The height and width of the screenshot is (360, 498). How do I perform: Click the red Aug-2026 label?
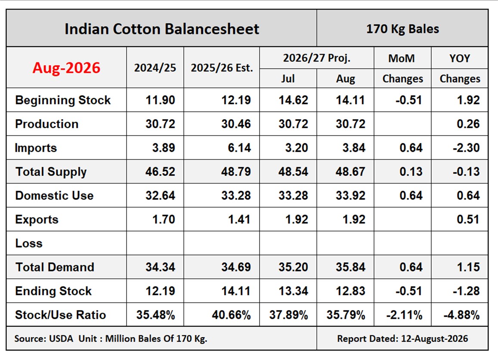66,68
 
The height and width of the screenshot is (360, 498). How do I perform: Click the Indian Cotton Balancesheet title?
162,29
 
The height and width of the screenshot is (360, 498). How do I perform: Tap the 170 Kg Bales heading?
402,29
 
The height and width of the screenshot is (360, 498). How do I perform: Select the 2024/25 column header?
155,68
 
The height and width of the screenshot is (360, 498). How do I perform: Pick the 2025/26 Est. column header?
222,68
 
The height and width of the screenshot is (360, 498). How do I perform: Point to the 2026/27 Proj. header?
317,58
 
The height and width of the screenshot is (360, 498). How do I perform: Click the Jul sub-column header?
288,78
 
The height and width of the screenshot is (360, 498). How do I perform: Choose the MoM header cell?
402,58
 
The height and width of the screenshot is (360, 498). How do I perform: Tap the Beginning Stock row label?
63,100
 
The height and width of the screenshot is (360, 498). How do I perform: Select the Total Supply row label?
51,172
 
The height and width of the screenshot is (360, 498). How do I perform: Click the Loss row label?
29,243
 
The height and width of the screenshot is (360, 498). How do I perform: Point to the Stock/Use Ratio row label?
60,315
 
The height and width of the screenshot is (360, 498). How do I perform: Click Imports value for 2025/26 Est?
239,148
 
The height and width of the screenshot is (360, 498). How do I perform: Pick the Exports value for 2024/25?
164,219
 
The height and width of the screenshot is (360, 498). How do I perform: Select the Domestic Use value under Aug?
351,196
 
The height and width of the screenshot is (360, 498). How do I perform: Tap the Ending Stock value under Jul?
293,291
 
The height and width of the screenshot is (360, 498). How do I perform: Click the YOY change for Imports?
466,148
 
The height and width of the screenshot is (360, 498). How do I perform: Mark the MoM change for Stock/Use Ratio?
404,315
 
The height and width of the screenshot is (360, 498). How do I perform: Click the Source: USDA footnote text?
111,338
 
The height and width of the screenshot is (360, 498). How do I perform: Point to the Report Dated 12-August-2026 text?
402,338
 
